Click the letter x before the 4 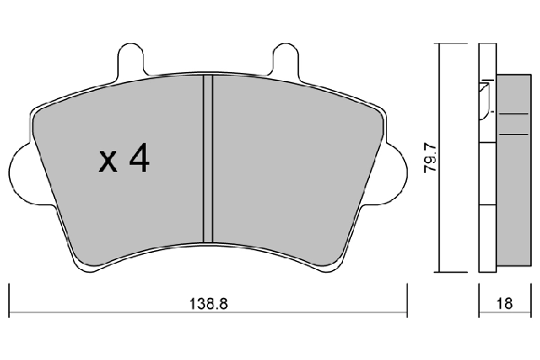coord(108,163)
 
